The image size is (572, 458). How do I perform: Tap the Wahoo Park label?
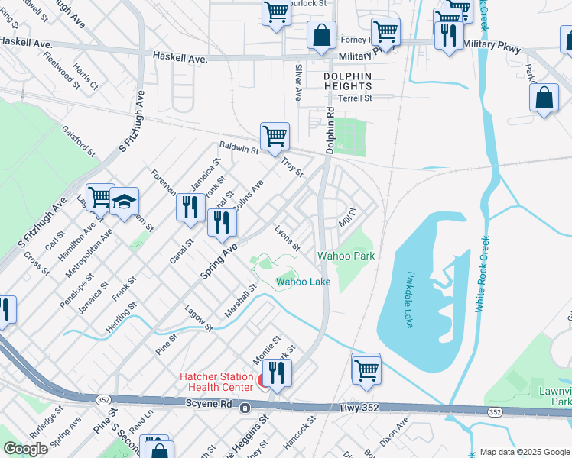tap(346, 256)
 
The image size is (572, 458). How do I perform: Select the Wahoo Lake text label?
tap(304, 282)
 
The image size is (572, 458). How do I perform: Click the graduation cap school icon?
tap(124, 202)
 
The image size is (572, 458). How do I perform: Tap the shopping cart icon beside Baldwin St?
tap(275, 137)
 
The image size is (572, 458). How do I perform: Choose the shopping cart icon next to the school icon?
tap(99, 198)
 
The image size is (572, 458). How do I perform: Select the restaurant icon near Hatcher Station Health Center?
tap(276, 373)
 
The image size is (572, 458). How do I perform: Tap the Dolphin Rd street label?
tap(331, 129)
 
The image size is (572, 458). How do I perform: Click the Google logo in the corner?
tap(25, 449)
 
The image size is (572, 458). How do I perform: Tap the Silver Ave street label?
tap(297, 82)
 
